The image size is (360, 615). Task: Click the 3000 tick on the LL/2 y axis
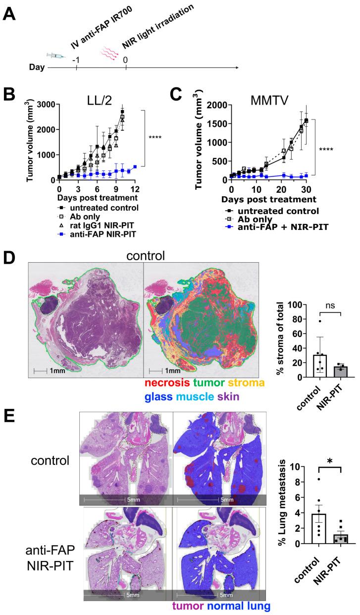coord(46,104)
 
